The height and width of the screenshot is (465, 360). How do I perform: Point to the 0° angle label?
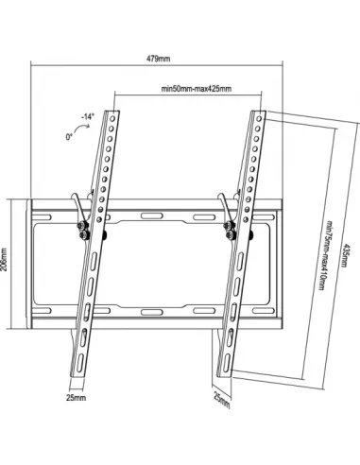coord(68,137)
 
